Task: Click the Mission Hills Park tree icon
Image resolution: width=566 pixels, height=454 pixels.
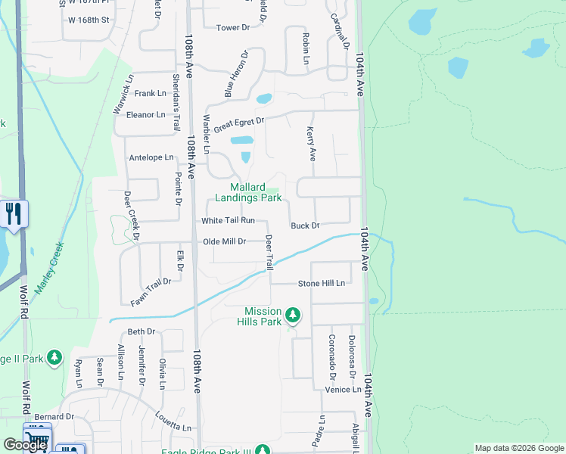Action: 293,315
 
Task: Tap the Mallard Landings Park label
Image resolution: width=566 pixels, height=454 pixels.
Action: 248,193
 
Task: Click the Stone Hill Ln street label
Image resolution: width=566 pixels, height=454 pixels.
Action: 321,283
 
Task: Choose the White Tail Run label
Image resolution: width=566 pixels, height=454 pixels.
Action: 228,221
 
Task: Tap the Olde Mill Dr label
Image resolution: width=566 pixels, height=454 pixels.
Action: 225,241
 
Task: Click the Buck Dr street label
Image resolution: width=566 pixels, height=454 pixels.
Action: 306,225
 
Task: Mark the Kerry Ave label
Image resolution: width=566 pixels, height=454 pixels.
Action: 311,144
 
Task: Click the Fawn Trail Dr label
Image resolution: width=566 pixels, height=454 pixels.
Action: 151,292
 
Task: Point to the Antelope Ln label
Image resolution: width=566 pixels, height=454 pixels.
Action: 151,158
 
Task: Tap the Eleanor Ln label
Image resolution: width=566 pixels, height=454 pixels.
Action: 145,115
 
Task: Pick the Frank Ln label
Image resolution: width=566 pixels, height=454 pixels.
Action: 150,94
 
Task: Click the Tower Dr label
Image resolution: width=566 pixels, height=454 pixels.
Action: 233,28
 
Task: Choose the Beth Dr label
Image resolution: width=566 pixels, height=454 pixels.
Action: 141,331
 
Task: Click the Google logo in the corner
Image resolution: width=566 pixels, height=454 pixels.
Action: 25,445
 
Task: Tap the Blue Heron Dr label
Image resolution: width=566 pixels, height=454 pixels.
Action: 235,74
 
